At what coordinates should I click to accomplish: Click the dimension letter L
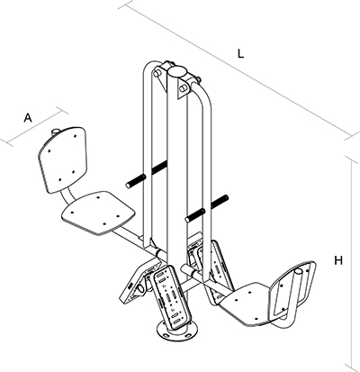click(240, 53)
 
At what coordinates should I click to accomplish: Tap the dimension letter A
click(28, 117)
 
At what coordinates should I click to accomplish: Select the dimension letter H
click(338, 260)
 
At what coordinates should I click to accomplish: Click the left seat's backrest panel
click(62, 159)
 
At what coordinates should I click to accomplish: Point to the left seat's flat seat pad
click(98, 213)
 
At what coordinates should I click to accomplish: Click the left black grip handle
click(147, 174)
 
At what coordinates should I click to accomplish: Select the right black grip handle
click(207, 209)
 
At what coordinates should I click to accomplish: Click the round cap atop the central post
click(177, 72)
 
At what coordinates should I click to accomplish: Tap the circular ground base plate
click(177, 331)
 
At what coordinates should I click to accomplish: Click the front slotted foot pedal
click(172, 297)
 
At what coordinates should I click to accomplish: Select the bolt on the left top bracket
click(157, 73)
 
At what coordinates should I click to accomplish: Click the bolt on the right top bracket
click(183, 88)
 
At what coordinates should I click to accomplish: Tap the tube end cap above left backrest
click(56, 132)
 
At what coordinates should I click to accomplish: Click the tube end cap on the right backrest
click(299, 272)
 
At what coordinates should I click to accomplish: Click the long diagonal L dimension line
click(238, 70)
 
